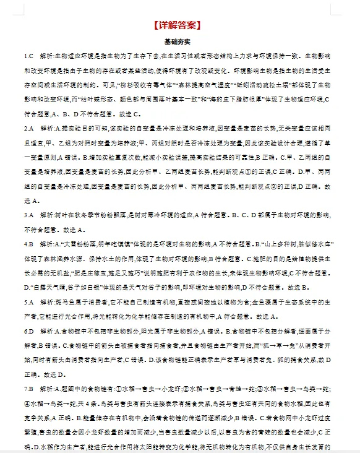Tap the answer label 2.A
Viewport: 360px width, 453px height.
tap(28, 129)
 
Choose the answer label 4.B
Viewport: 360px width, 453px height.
tap(28, 244)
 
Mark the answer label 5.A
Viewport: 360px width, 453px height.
tap(28, 303)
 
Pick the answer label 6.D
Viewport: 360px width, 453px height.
tap(28, 332)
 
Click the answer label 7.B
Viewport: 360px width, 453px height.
tap(28, 389)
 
